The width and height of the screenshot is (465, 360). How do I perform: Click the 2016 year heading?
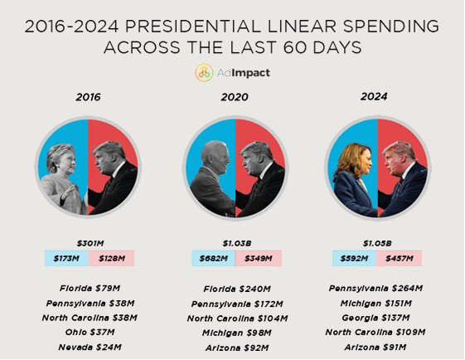(x=88, y=97)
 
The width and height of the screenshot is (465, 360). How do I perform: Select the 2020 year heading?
(x=235, y=97)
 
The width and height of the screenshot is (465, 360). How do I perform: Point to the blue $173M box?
(x=66, y=259)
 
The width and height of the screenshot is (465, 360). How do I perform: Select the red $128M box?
(x=112, y=259)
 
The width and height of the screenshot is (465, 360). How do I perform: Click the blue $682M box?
(x=212, y=259)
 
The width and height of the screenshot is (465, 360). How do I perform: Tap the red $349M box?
(x=259, y=259)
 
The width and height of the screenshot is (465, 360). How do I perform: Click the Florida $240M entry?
(x=236, y=289)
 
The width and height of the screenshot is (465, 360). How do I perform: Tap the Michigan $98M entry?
(x=236, y=333)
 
